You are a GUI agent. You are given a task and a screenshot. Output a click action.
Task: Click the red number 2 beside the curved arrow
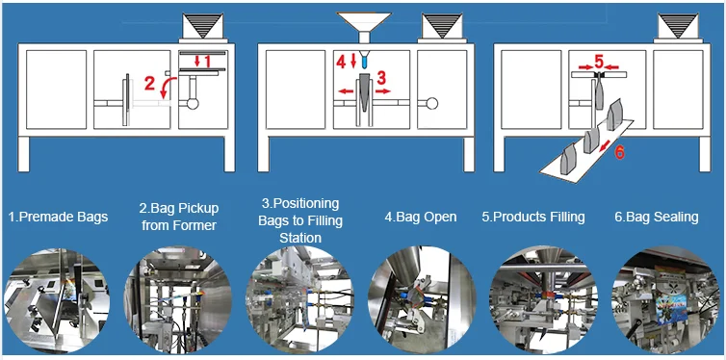point(149,85)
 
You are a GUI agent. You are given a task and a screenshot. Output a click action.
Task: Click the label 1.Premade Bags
point(57,218)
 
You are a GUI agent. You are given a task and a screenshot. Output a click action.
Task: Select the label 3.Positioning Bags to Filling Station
point(300,220)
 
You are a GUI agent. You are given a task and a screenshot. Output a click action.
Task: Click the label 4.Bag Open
point(420,218)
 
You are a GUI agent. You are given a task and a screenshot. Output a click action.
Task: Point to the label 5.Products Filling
point(533,218)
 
